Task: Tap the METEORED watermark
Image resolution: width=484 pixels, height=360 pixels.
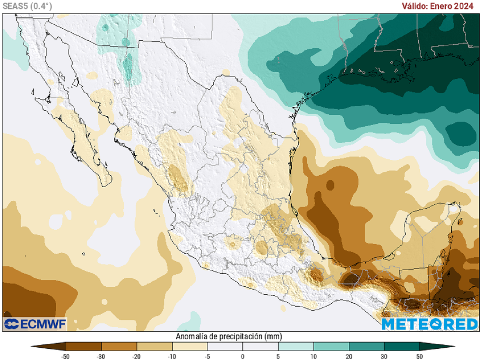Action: tap(430, 324)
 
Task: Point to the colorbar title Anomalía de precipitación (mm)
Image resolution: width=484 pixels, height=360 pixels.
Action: tap(229, 336)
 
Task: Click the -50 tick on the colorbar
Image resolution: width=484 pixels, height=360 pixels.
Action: tap(65, 356)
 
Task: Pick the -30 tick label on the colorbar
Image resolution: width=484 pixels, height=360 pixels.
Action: tap(101, 356)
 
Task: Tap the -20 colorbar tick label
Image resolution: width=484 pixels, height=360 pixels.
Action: tap(136, 356)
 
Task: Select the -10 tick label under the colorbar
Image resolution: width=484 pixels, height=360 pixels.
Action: tap(172, 356)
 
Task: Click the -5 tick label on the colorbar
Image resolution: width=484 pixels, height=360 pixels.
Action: tap(207, 356)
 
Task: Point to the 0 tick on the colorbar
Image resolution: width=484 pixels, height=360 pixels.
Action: tap(242, 356)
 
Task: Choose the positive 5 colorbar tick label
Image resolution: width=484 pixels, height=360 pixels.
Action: tap(278, 356)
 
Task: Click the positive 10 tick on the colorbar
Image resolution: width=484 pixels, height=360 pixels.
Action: tap(313, 356)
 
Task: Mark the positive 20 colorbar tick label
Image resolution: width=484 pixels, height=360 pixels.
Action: tap(348, 356)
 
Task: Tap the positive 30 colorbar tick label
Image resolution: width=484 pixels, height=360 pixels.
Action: tap(384, 356)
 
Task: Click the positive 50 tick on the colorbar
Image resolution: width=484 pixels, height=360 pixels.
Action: tap(419, 356)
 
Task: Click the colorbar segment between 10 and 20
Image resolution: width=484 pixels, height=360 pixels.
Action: tap(331, 347)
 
